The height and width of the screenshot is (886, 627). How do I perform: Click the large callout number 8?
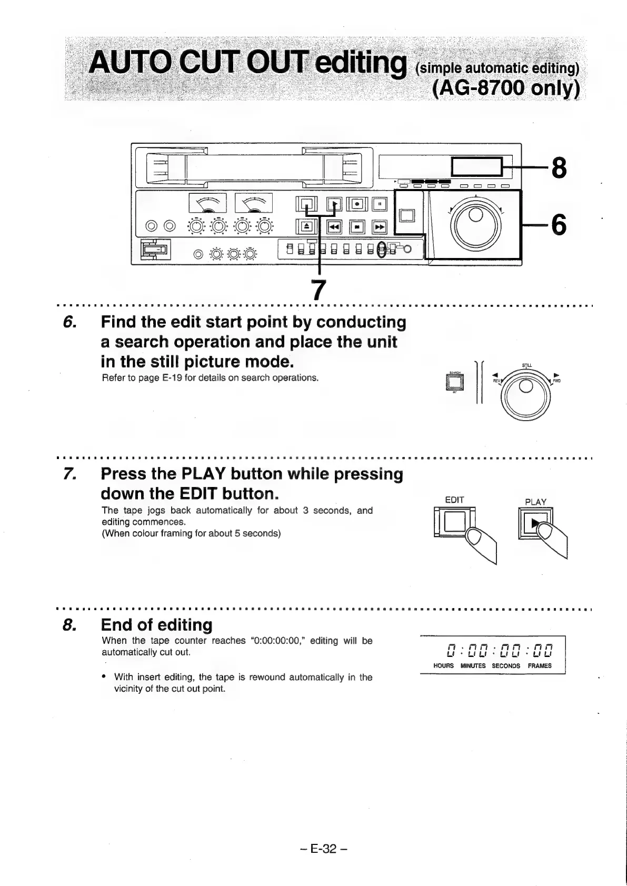(x=559, y=168)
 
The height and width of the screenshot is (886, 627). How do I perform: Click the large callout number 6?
(x=559, y=225)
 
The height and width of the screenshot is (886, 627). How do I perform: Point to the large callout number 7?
(x=317, y=290)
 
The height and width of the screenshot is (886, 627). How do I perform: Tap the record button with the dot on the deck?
(x=357, y=204)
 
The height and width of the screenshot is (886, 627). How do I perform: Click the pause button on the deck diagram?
(x=379, y=204)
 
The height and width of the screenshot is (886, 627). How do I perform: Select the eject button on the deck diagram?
(x=307, y=227)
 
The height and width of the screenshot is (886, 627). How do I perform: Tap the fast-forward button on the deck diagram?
(x=379, y=227)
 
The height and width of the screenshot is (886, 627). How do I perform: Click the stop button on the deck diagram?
(x=357, y=227)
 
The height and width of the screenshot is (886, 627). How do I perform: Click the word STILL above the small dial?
(x=527, y=365)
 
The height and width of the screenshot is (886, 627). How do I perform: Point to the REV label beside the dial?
(x=495, y=380)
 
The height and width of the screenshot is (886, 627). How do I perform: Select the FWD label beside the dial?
(x=557, y=381)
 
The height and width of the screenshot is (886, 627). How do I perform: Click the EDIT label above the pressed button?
(x=454, y=500)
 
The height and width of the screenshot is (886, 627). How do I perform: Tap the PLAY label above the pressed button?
(x=535, y=502)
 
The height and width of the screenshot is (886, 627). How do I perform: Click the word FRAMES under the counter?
(x=540, y=666)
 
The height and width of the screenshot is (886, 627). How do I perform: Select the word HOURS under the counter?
(x=443, y=666)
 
